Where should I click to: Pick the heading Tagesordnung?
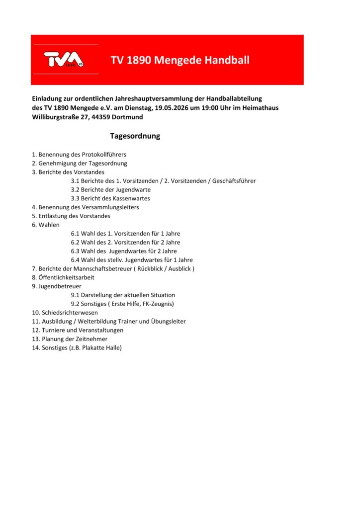tap(135, 136)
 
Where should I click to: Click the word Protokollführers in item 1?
tap(104, 155)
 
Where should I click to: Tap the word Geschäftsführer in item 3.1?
tap(234, 181)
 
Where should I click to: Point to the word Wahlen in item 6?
tap(49, 225)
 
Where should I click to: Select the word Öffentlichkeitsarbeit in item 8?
tap(66, 277)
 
